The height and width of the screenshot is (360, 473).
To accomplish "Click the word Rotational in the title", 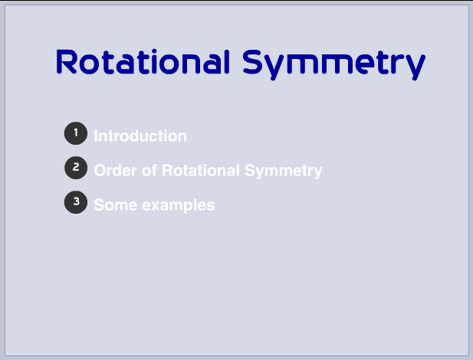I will click(x=143, y=62).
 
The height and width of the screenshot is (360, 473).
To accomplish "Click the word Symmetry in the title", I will click(x=334, y=64).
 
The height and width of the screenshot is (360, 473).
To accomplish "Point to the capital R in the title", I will click(x=68, y=62).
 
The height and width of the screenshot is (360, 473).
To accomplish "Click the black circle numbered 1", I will click(x=75, y=133).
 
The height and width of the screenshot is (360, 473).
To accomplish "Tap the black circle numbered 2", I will click(x=75, y=167).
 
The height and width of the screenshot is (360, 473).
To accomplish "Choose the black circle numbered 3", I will click(x=75, y=202).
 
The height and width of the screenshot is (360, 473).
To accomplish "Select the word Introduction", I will click(x=140, y=136).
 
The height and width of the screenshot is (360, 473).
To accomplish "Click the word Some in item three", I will click(x=114, y=205).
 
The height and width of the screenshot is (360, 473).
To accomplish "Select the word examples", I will click(x=177, y=206).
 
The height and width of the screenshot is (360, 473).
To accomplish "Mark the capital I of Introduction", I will click(x=96, y=136).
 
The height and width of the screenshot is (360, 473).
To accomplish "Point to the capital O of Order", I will click(x=100, y=171).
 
